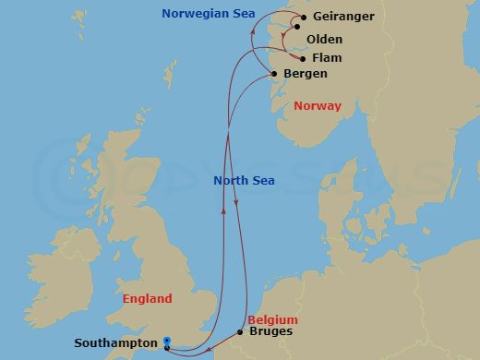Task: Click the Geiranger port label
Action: [x=344, y=18]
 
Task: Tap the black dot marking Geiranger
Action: [x=304, y=17]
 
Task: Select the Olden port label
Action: [x=324, y=40]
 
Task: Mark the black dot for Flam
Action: [x=304, y=57]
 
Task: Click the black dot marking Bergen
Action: [x=273, y=74]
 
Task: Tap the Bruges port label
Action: [x=271, y=330]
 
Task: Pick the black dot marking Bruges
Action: [x=240, y=331]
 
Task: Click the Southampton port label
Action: [x=116, y=343]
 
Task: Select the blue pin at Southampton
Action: [x=166, y=342]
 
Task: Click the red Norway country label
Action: [x=318, y=106]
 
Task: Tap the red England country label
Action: [x=148, y=299]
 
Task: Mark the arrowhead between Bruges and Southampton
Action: [x=210, y=349]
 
